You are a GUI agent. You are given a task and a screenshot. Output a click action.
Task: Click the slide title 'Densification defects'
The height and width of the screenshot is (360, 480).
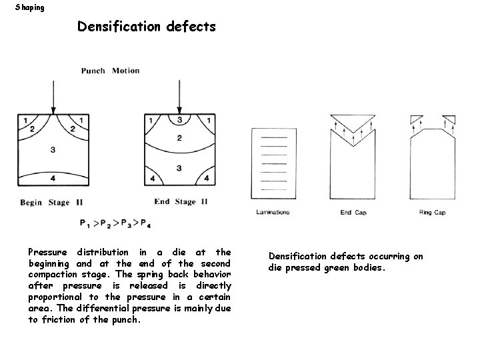pos(146,27)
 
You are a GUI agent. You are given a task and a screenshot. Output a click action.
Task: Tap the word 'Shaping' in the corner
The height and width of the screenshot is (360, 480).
pos(30,7)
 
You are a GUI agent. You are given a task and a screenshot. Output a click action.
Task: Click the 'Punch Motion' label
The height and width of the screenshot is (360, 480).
pos(110,71)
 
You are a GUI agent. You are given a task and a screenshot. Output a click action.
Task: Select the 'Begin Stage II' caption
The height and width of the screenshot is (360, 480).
pos(56,202)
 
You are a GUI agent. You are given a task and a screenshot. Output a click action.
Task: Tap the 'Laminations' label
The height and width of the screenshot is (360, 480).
pos(273,213)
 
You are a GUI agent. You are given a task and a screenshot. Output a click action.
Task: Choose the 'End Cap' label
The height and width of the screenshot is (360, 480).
pos(353,213)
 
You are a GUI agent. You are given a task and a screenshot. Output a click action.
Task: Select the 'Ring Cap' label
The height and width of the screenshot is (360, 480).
pos(432,213)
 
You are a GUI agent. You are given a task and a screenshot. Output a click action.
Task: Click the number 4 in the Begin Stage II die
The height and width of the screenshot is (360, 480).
pos(53,178)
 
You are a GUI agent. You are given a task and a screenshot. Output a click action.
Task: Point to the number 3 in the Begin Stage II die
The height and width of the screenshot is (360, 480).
pos(53,150)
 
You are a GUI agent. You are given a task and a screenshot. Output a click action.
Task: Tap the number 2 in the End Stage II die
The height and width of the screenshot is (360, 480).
pos(179,138)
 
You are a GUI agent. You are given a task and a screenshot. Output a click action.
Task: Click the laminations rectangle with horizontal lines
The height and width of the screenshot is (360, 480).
pos(273,167)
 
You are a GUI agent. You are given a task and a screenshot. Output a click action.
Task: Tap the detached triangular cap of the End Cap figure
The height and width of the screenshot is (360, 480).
pos(353,124)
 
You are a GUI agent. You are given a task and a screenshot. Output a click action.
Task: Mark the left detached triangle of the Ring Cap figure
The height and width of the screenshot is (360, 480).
pos(417,119)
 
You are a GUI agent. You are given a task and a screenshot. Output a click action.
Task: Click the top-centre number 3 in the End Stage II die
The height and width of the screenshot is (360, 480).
pos(179,120)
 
